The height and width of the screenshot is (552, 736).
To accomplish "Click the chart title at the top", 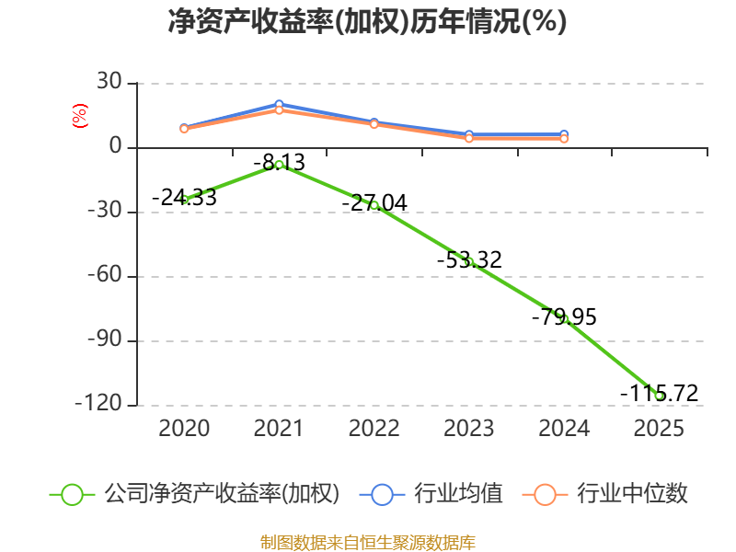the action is point(367,21).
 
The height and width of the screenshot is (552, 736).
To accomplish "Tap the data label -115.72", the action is point(659,393).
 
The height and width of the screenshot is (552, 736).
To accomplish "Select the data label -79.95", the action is point(564,316).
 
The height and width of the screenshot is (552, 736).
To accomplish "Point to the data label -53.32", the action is point(469,259).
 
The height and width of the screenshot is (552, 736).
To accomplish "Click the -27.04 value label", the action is point(374,202).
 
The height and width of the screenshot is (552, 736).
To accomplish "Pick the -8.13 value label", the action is point(280,163).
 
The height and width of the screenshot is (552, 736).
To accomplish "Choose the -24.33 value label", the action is point(184,197).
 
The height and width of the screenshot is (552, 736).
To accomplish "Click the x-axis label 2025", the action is point(659,428).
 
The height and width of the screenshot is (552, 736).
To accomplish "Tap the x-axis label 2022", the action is point(374,428).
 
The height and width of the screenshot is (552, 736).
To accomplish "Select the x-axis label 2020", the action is point(184,428).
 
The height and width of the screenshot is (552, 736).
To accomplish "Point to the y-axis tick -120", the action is point(98,403).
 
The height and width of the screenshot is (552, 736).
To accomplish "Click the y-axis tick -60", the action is point(105,274).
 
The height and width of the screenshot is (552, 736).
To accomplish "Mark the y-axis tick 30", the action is point(109,82).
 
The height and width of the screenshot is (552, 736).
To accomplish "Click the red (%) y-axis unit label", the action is point(79,116).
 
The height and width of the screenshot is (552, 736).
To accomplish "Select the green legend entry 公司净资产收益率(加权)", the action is point(194,494).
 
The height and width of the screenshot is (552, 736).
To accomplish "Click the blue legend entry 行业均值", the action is point(431,494).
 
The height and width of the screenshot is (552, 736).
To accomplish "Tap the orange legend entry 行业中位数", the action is point(604,494).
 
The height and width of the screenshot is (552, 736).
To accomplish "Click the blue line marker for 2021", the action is point(279,104).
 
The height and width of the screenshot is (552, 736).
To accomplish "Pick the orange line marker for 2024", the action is point(564,139).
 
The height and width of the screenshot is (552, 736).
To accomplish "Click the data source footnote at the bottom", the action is point(368,542).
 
